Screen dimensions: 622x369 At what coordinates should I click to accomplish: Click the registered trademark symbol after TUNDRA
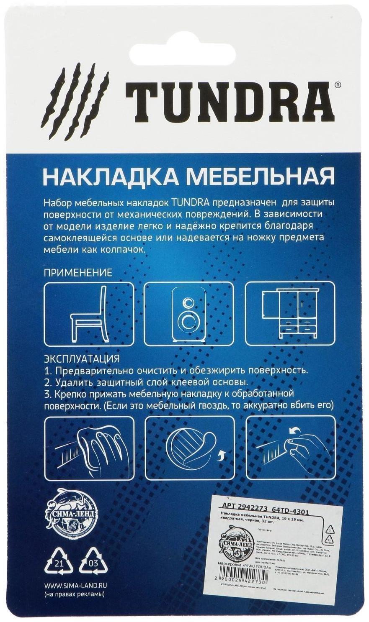(x=338, y=84)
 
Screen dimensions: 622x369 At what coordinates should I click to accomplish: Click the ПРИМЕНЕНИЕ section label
(x=78, y=273)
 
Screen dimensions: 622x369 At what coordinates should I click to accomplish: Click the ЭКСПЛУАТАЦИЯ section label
(x=82, y=358)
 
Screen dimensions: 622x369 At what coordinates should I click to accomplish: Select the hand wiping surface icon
(x=89, y=447)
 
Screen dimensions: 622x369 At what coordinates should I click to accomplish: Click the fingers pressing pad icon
(x=290, y=447)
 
